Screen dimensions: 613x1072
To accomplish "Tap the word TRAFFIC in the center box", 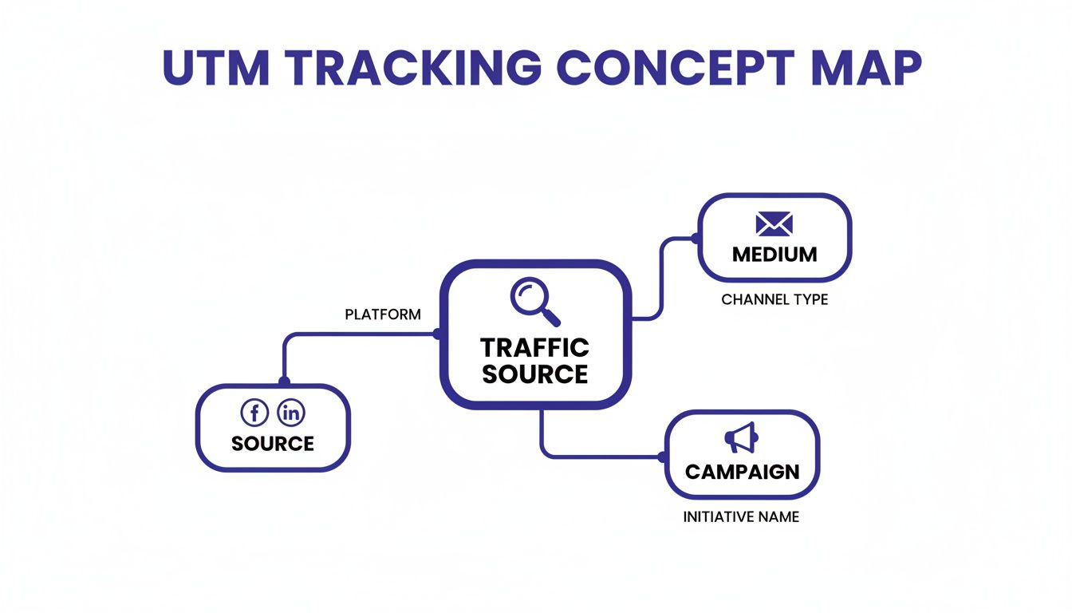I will tap(534, 348).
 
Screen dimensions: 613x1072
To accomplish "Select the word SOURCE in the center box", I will tap(534, 374).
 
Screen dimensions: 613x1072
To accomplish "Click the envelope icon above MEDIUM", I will tap(774, 224).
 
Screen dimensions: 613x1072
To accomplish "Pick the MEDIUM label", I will tap(774, 255).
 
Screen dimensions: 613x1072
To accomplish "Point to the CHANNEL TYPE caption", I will tap(774, 300).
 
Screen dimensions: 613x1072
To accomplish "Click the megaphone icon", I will tap(741, 437).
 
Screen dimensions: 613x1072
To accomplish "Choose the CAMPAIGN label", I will tap(742, 472).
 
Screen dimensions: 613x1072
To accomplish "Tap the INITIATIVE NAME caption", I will tap(741, 517).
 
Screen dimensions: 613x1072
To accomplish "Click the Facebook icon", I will tap(254, 413).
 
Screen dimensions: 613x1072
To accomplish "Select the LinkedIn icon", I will tap(291, 413).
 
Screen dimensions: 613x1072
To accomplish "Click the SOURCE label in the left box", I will tap(273, 444).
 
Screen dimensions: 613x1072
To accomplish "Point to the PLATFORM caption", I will tap(383, 314).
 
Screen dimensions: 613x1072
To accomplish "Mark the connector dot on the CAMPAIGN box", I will tap(663, 457).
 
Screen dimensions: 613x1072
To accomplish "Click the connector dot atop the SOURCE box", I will tap(284, 382).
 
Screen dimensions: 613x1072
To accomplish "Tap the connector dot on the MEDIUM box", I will tap(696, 238).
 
